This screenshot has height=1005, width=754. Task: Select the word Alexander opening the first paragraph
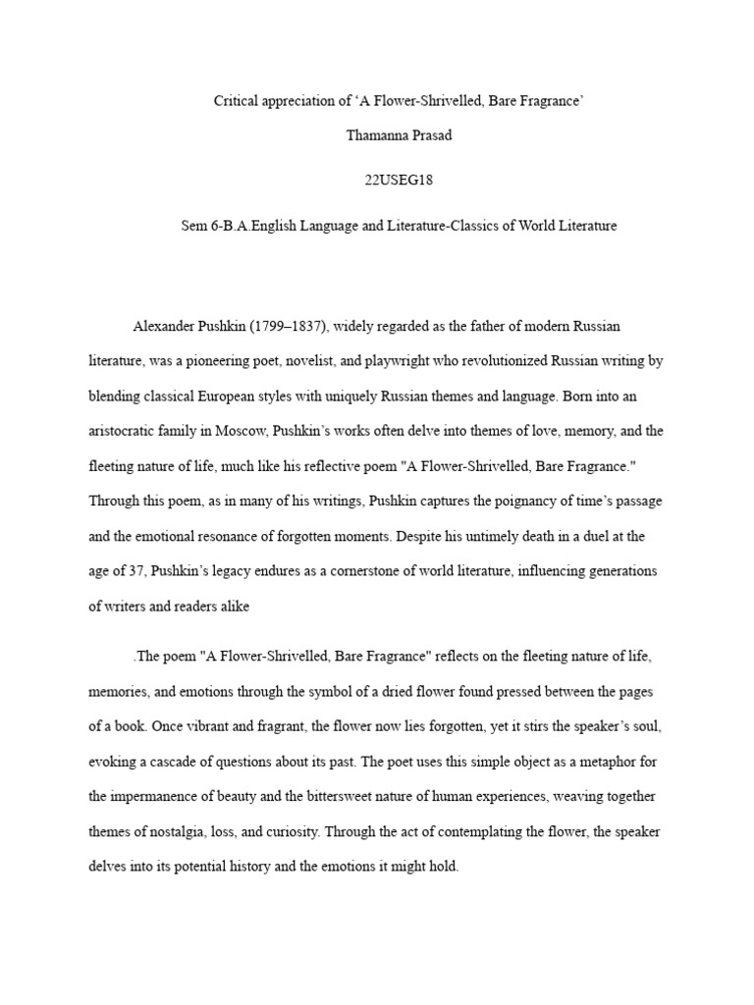click(164, 326)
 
